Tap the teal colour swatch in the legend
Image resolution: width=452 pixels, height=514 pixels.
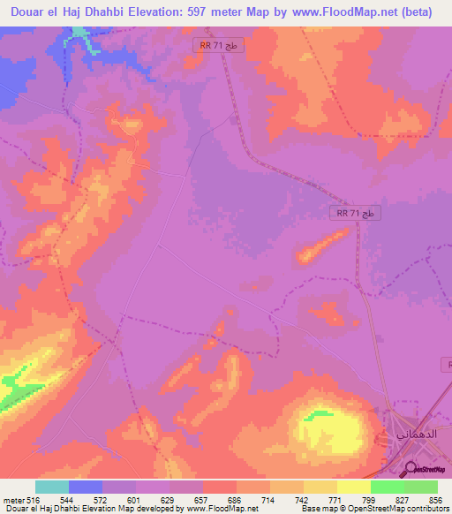click(x=52, y=487)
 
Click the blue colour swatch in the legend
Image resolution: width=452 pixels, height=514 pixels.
click(x=86, y=487)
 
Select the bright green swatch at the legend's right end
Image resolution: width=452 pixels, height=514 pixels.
click(x=421, y=487)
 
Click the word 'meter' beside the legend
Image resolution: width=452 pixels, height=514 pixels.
click(x=9, y=499)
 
